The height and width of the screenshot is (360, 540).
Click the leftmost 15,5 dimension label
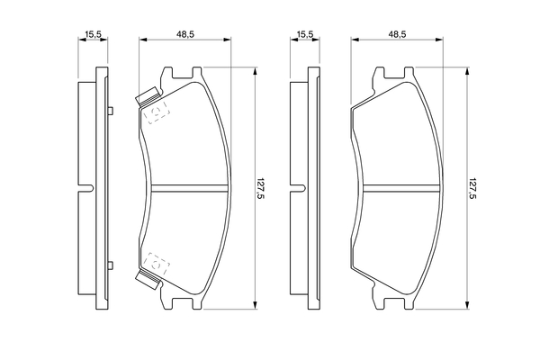(93, 34)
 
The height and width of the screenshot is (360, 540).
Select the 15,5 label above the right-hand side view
(305, 34)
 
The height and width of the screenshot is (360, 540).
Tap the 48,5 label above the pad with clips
(185, 34)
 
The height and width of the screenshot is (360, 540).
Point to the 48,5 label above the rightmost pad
(398, 34)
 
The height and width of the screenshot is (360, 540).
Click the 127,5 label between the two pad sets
(261, 188)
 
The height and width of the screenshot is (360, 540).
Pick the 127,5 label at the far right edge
(472, 188)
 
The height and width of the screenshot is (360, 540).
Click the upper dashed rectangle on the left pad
(157, 112)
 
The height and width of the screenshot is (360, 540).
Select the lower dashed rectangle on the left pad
(157, 263)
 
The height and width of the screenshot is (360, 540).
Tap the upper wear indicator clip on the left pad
(148, 96)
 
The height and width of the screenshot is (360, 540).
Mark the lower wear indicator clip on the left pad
(148, 279)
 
